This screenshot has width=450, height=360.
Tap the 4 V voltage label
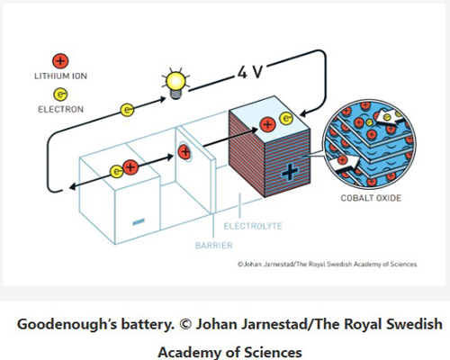tap(250, 72)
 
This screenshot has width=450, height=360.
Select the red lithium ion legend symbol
tap(60, 61)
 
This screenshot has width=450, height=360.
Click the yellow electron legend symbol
tap(60, 94)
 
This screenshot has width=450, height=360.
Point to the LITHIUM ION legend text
tap(60, 76)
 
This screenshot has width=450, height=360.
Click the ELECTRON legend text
tap(60, 109)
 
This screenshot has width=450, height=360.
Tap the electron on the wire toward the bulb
tap(127, 110)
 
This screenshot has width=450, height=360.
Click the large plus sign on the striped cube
tap(290, 172)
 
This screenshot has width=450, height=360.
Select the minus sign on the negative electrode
tap(139, 221)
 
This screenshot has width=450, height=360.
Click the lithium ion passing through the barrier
tap(184, 152)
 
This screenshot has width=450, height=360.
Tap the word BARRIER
tap(214, 246)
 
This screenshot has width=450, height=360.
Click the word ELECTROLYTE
tap(253, 226)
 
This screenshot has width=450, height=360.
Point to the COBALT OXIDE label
tap(371, 198)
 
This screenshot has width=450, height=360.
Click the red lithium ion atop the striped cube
tap(268, 124)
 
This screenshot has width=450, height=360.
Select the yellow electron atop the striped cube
tap(286, 119)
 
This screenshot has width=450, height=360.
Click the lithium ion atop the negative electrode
tap(130, 167)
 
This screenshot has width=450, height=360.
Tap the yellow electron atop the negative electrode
tap(116, 172)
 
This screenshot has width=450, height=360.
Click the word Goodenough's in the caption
tap(67, 325)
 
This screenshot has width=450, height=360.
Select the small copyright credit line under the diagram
tap(327, 265)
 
